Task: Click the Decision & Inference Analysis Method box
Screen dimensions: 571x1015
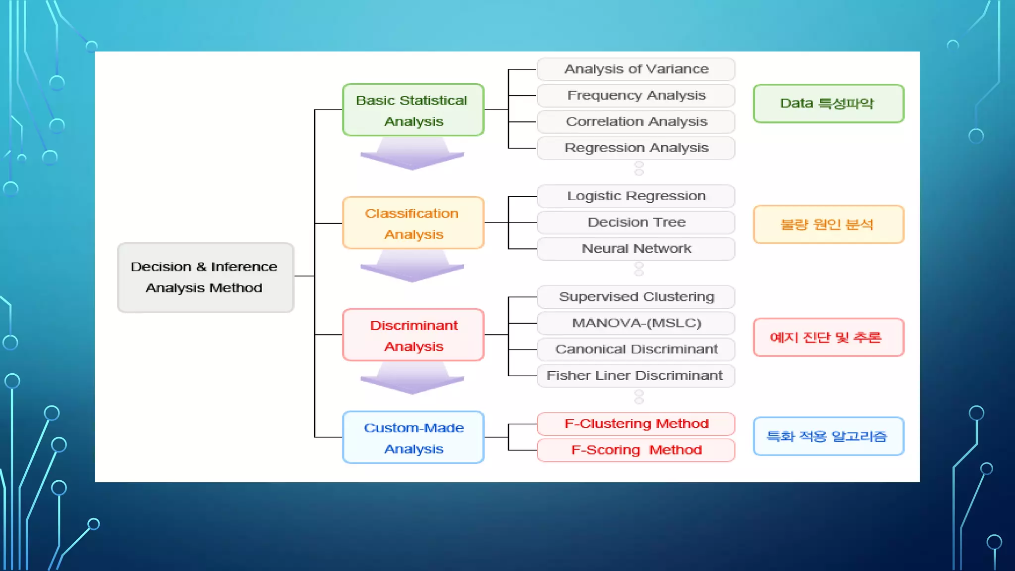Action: (205, 278)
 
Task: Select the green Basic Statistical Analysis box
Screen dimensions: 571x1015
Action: (413, 110)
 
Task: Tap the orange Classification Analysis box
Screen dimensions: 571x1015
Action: (413, 223)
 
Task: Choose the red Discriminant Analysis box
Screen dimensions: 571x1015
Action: (413, 335)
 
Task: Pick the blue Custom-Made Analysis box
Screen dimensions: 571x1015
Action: (413, 437)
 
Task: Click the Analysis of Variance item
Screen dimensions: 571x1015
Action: (636, 69)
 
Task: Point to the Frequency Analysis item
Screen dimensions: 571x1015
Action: (636, 96)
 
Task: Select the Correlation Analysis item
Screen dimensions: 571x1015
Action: (636, 122)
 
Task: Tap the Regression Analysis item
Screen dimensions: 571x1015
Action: (636, 148)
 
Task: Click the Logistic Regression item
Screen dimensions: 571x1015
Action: (636, 196)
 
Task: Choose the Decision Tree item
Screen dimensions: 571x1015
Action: (636, 223)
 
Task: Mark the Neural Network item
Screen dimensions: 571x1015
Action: (636, 249)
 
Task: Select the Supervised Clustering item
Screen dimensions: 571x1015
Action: (636, 297)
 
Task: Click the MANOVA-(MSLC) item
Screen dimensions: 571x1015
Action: (636, 323)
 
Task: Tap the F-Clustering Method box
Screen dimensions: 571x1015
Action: (636, 424)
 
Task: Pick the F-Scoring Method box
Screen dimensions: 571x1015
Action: (636, 450)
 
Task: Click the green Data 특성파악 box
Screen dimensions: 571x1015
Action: (828, 104)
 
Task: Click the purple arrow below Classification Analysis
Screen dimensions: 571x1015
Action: (412, 268)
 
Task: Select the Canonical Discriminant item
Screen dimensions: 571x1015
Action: (636, 349)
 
